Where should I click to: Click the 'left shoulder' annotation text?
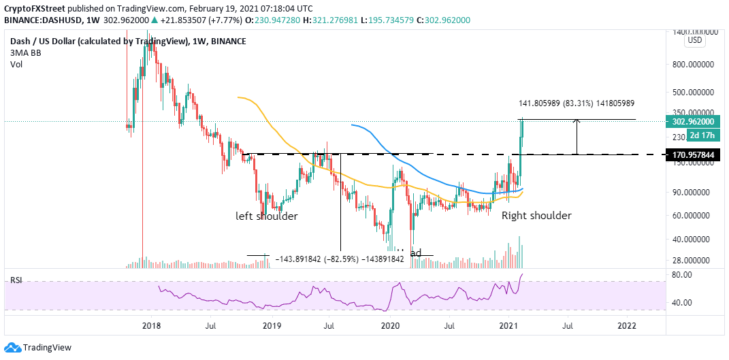(x=267, y=216)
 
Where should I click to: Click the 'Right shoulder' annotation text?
(x=536, y=216)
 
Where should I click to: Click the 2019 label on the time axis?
(x=272, y=326)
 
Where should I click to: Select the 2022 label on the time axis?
(x=627, y=326)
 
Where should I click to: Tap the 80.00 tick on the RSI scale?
(x=683, y=274)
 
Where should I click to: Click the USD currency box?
(x=695, y=40)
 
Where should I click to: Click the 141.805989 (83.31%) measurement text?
(x=577, y=103)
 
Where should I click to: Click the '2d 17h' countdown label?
(x=697, y=137)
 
